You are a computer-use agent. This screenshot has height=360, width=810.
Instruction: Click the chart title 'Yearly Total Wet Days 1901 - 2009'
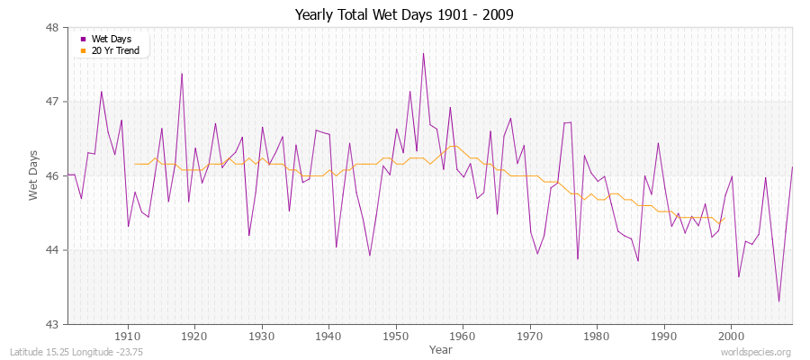pos(404,15)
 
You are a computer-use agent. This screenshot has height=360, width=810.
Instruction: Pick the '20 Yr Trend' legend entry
pos(113,49)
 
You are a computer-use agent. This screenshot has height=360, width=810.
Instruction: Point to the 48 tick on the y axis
pos(52,28)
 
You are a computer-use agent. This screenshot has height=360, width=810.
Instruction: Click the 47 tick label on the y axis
pos(52,102)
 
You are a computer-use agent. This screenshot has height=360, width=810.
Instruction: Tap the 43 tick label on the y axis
pos(52,324)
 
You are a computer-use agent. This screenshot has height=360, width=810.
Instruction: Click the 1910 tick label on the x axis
pos(127,335)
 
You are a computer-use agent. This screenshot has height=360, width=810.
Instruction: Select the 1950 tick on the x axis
pos(395,335)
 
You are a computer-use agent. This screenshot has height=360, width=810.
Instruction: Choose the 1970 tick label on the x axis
pos(529,335)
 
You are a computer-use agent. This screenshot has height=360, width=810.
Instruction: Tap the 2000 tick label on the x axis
pos(730,335)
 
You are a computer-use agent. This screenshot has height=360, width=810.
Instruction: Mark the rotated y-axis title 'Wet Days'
pos(34,175)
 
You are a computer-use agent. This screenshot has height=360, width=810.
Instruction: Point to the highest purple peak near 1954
pos(423,53)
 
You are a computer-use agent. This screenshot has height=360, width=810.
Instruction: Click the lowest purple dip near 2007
pos(778,301)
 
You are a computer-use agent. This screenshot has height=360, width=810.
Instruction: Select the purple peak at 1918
pos(182,74)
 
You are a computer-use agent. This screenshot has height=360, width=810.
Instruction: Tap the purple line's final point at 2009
pos(792,167)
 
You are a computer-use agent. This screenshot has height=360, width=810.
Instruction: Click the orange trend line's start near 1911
pos(135,164)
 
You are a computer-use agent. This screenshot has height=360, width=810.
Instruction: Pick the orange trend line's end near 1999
pos(724,217)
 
